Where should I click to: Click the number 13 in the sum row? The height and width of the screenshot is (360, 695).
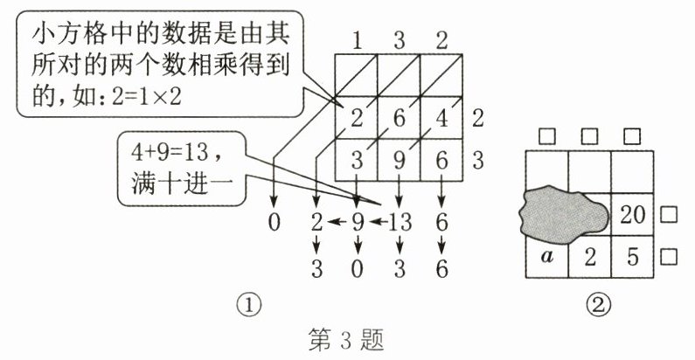click(x=400, y=222)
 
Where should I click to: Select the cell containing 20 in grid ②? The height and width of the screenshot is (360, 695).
click(x=631, y=214)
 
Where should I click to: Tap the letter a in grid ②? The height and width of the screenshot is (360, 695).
click(x=547, y=257)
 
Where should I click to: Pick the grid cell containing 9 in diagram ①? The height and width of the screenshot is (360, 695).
click(x=400, y=162)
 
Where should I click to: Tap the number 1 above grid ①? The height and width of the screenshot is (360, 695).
click(x=358, y=40)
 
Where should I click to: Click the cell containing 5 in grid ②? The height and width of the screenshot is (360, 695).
click(x=631, y=257)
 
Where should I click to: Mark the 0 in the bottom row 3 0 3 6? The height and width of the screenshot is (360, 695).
click(x=358, y=267)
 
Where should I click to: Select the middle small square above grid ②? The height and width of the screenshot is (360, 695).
click(x=589, y=136)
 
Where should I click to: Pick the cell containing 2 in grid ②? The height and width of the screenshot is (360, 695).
click(x=589, y=257)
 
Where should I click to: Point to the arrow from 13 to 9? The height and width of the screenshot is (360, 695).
click(x=377, y=222)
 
